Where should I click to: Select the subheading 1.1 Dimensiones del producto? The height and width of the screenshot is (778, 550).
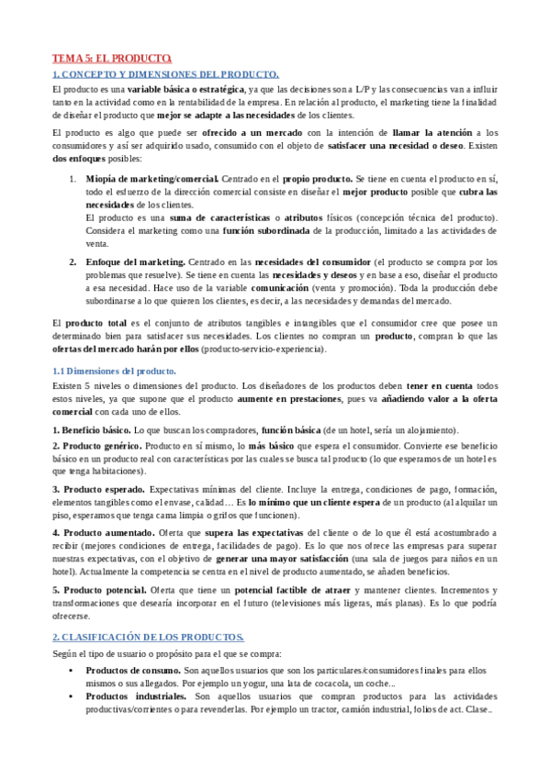(x=113, y=371)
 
